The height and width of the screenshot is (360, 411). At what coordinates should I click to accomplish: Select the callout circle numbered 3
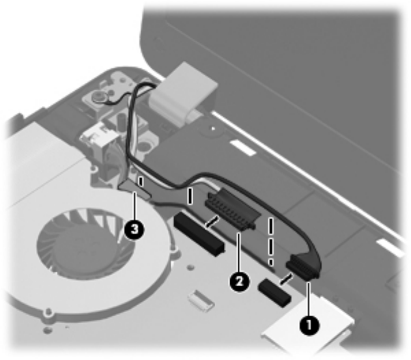click(134, 232)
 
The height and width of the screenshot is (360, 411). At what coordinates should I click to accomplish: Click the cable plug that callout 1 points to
click(303, 264)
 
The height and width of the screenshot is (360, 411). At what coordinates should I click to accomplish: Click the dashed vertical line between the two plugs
click(271, 239)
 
